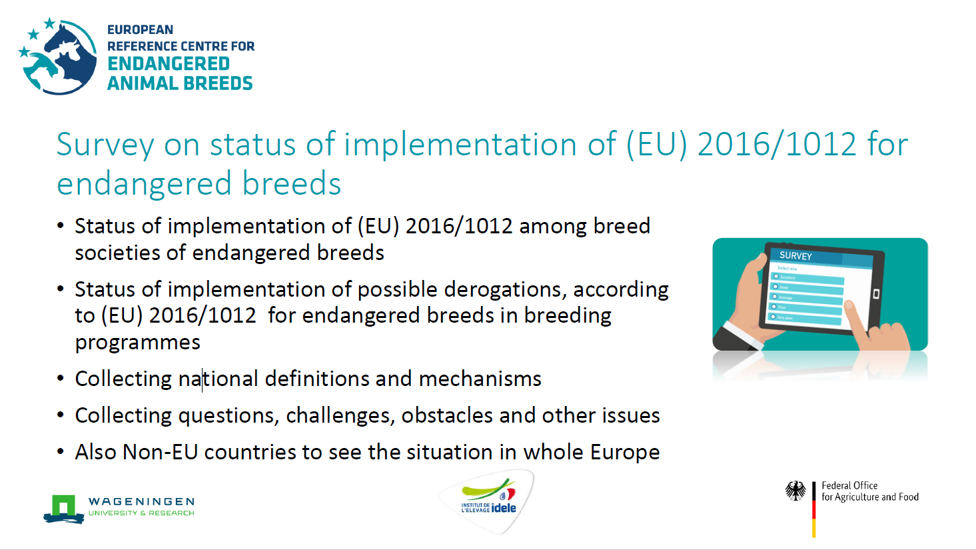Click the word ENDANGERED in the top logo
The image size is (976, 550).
pyautogui.click(x=169, y=64)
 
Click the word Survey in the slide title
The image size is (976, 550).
pyautogui.click(x=105, y=145)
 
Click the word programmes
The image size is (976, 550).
pyautogui.click(x=137, y=343)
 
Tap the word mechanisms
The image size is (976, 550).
pyautogui.click(x=480, y=379)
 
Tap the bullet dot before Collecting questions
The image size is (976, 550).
pyautogui.click(x=61, y=415)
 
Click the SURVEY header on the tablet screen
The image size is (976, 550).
pyautogui.click(x=795, y=255)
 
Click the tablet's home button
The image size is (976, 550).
pyautogui.click(x=876, y=294)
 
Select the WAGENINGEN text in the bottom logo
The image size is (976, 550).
pyautogui.click(x=141, y=501)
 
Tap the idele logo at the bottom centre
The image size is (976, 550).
pyautogui.click(x=488, y=501)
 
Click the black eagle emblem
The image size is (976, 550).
pyautogui.click(x=795, y=491)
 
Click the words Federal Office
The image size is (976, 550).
pyautogui.click(x=849, y=485)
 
